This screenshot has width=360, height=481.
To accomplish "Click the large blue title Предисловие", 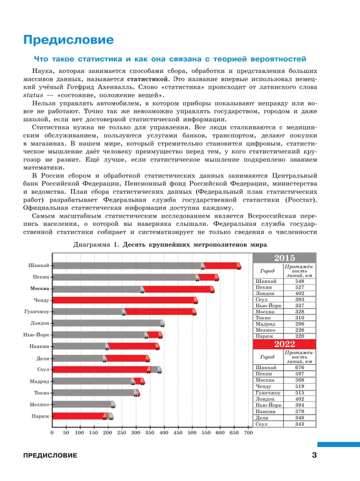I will (x=68, y=40).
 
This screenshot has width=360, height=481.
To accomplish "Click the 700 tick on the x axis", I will (x=248, y=433).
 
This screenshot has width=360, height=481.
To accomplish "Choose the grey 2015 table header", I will (x=284, y=258).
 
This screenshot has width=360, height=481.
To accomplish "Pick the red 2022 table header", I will (x=284, y=344).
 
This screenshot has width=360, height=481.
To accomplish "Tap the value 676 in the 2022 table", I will (x=300, y=368).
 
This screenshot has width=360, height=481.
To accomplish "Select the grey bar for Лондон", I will (x=108, y=323).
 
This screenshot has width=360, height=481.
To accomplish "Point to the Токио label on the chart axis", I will (x=41, y=393).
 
